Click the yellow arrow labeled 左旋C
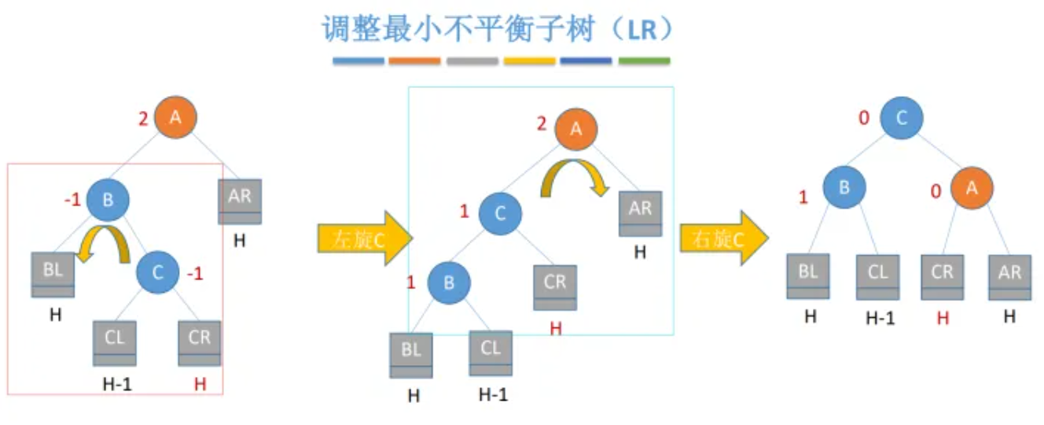[364, 237]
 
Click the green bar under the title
[644, 61]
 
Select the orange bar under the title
[414, 61]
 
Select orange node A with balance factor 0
[972, 188]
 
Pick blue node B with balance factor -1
[108, 199]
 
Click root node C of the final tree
[902, 118]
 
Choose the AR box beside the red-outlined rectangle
[240, 201]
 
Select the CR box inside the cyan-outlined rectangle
[555, 287]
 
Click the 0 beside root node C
[864, 118]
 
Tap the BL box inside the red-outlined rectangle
[53, 275]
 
